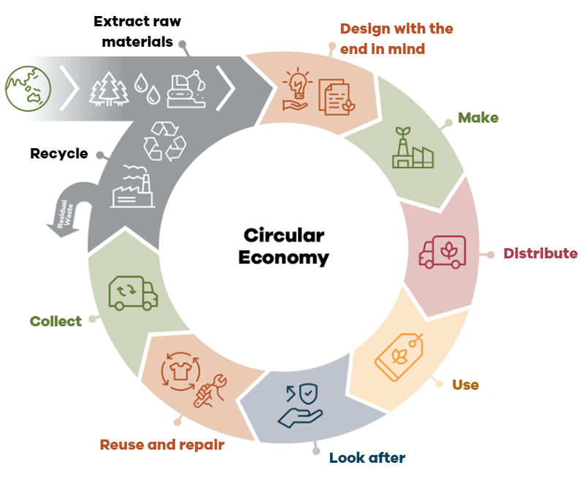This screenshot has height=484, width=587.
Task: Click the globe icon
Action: [x=28, y=89]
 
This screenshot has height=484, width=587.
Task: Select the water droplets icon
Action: [x=150, y=90]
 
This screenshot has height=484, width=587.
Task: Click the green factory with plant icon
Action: [x=411, y=148]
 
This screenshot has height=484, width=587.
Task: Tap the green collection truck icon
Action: [x=132, y=291]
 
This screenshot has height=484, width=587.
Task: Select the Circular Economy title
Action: [x=284, y=246]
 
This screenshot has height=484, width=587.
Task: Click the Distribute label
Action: [x=540, y=253]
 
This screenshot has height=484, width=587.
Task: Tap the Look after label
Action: [x=367, y=458]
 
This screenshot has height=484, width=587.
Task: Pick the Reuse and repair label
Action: [x=161, y=445]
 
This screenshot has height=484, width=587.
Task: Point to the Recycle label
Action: [x=59, y=154]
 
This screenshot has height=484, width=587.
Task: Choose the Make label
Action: [x=478, y=118]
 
